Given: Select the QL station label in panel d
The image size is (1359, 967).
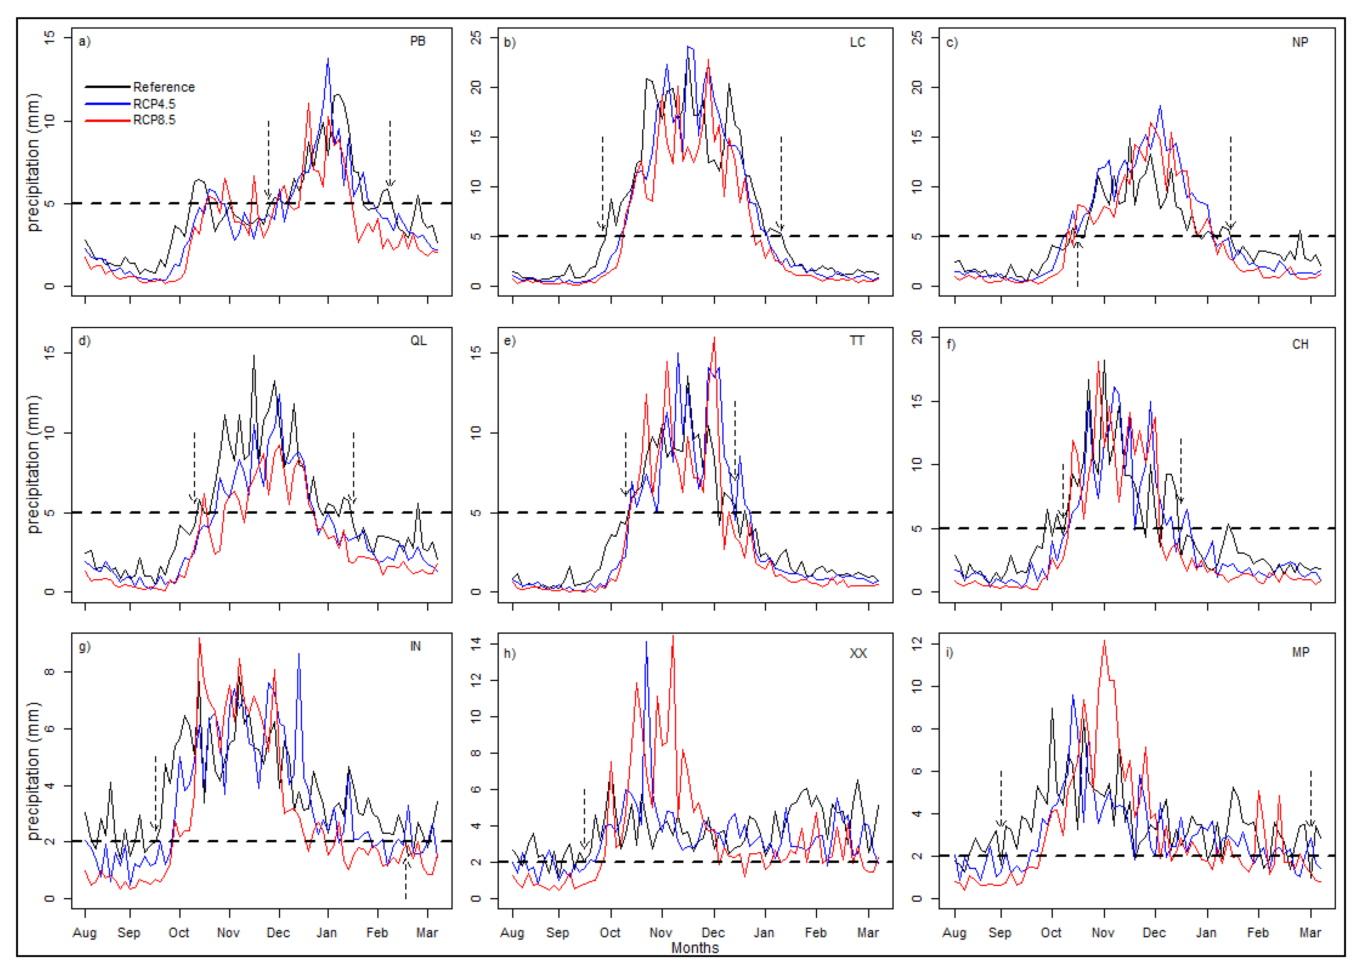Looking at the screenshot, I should click(x=418, y=341).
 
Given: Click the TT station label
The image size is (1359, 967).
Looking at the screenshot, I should click(x=856, y=341).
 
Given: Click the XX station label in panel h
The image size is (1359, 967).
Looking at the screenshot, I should click(x=857, y=653).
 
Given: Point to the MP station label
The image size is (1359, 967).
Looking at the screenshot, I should click(x=1300, y=653).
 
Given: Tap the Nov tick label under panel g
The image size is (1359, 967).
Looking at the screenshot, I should click(x=228, y=933).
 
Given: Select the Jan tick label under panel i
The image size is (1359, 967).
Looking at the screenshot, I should click(x=1206, y=933).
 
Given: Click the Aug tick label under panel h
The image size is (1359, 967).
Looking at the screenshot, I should click(x=512, y=933).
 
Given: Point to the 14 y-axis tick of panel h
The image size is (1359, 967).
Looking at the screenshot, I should click(x=476, y=643).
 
